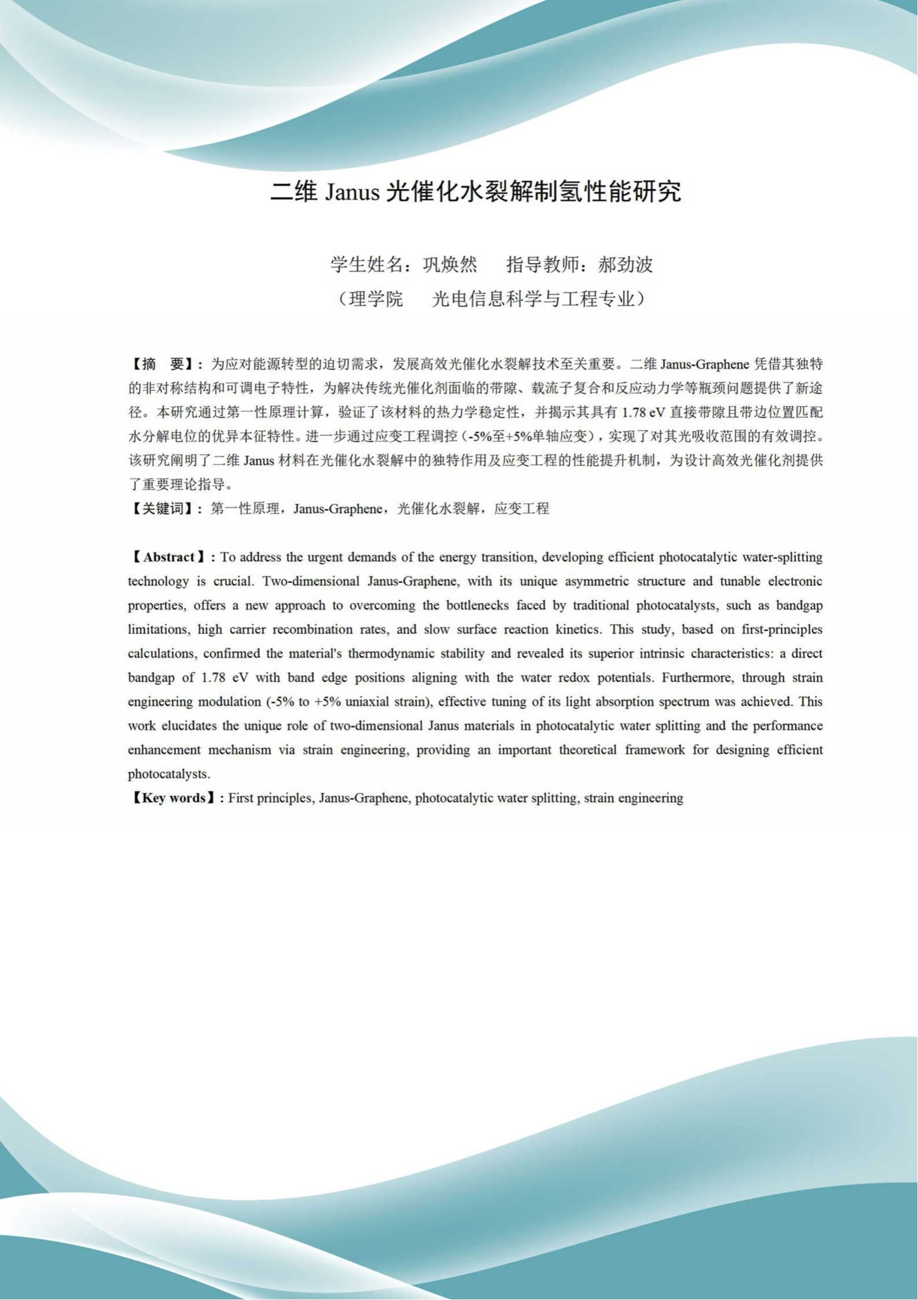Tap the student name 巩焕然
pyautogui.click(x=450, y=265)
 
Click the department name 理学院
pyautogui.click(x=376, y=299)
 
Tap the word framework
pyautogui.click(x=655, y=750)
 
